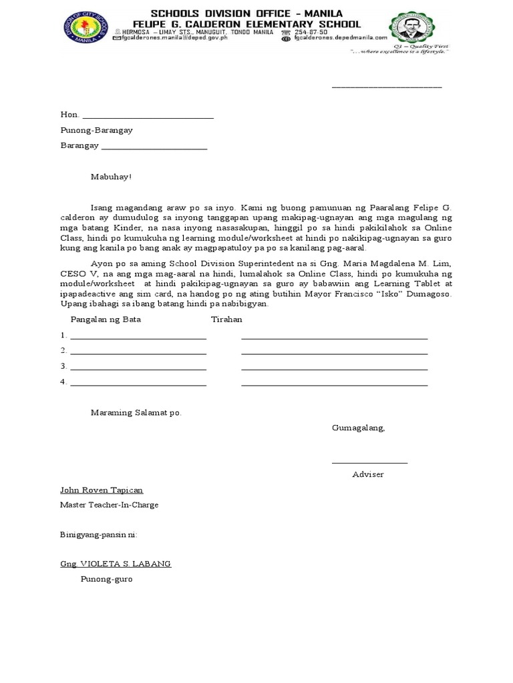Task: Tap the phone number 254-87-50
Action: tap(312, 31)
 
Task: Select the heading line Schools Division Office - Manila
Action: tap(246, 13)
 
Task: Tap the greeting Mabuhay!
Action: tap(112, 177)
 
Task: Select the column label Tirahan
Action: tap(226, 319)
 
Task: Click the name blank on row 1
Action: tap(138, 336)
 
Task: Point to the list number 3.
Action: tap(63, 366)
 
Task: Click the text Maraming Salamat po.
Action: tap(136, 413)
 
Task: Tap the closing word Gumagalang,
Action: tap(359, 428)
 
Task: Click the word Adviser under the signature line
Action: tap(368, 474)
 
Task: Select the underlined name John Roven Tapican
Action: tap(102, 490)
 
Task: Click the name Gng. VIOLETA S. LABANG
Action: tap(116, 564)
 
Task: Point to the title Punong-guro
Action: tap(107, 579)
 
